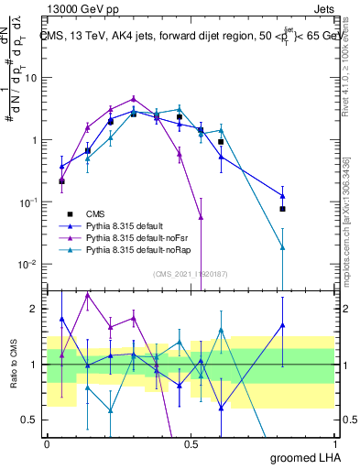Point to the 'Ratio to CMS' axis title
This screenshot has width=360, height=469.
pyautogui.click(x=14, y=365)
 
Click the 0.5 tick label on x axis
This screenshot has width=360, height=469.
pyautogui.click(x=191, y=442)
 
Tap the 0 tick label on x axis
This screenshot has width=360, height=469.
pyautogui.click(x=47, y=442)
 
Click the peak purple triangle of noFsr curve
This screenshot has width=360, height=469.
pyautogui.click(x=134, y=98)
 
